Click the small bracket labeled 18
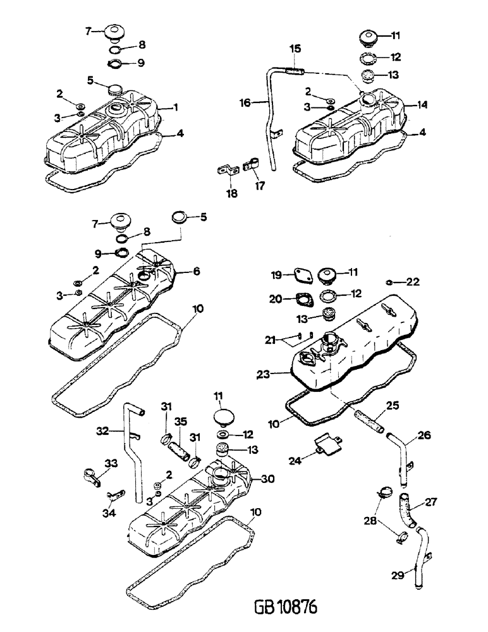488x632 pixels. click(225, 171)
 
